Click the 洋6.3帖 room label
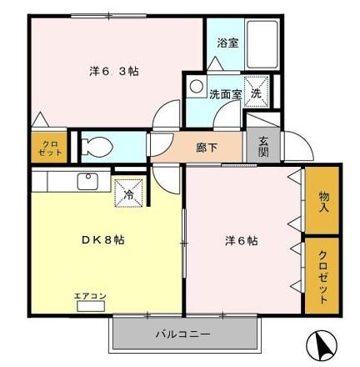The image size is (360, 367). pos(114,71)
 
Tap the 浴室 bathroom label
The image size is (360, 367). pos(227,43)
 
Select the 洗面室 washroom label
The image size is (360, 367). pos(225,94)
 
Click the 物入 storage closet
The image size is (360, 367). pos(323,199)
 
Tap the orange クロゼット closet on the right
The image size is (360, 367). pos(323,275)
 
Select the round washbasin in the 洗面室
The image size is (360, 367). pos(195,86)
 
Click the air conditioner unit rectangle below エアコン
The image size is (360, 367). pos(91,305)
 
